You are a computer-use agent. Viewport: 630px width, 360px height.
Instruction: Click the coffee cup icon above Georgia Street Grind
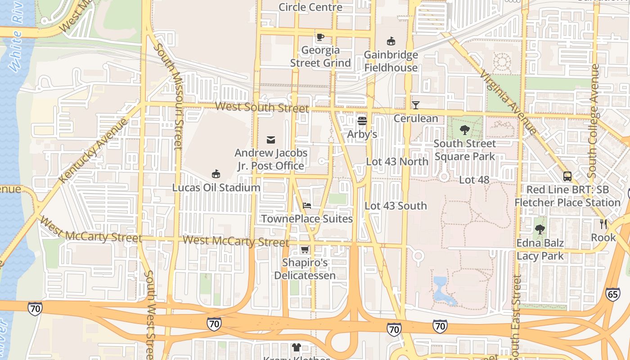320,37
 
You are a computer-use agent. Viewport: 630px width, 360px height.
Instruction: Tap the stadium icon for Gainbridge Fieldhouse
391,41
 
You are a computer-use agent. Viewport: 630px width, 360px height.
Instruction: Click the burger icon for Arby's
362,121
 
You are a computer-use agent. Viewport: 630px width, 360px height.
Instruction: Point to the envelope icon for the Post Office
271,140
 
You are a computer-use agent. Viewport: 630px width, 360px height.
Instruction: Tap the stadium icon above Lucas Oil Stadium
216,174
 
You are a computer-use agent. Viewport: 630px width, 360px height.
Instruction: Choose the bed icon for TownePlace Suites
307,206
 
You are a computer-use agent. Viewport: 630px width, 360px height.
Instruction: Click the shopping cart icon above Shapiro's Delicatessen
305,249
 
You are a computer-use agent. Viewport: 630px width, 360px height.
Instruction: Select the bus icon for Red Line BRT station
567,176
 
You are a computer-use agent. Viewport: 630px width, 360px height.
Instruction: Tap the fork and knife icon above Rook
603,224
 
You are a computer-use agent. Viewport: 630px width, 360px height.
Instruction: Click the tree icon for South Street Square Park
465,130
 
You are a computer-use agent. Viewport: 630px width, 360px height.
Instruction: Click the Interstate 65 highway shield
612,294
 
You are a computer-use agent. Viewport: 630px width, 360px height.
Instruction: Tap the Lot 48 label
474,180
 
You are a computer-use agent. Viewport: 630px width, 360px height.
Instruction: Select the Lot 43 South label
396,206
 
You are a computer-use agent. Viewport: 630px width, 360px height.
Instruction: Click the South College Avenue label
594,121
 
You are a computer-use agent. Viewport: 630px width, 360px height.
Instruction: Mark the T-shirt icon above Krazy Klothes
296,347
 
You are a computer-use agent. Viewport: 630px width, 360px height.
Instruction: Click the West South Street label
262,107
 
